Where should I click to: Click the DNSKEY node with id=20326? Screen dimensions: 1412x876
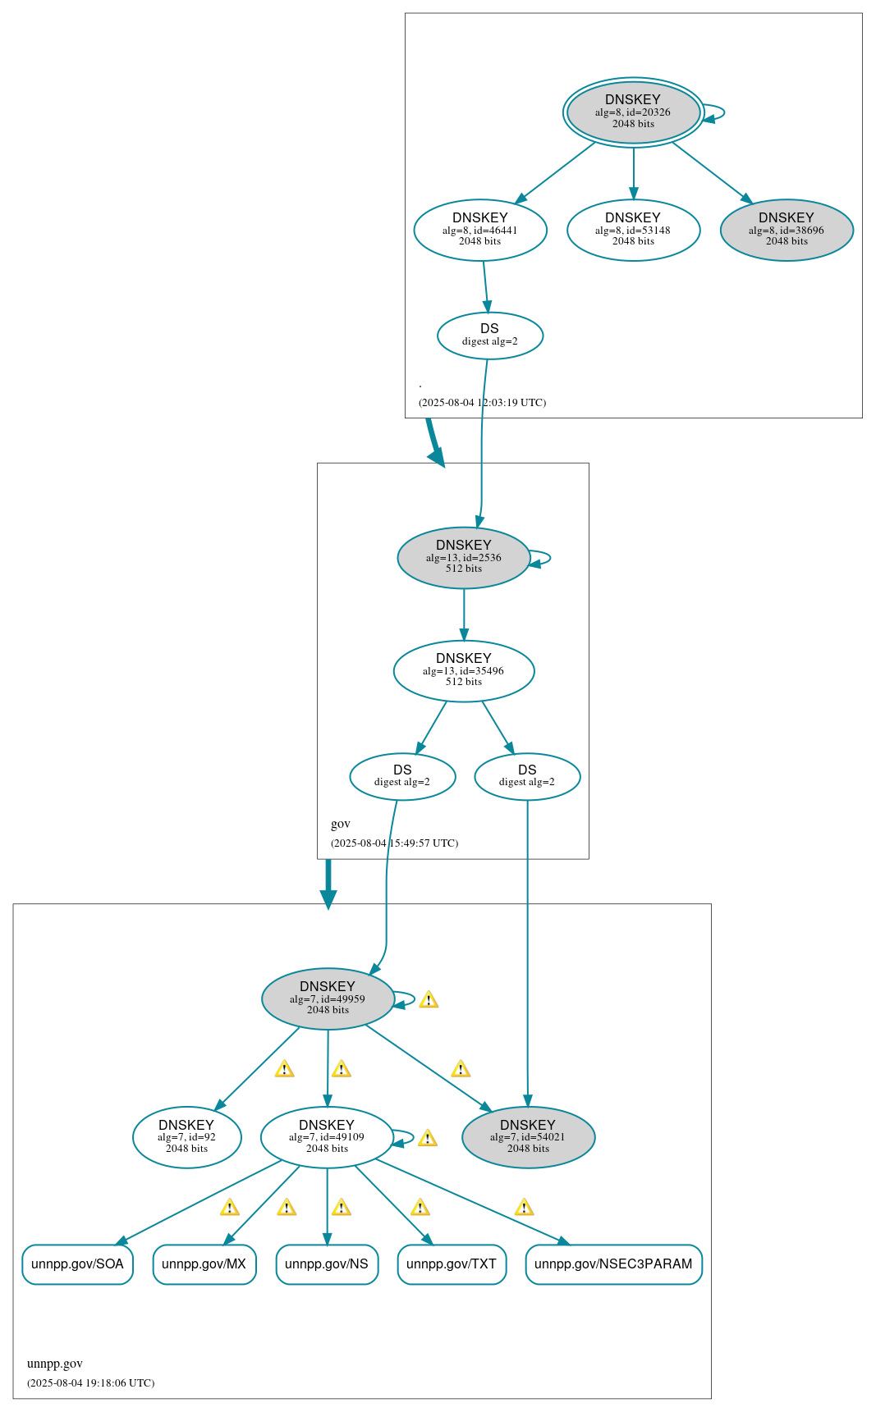[x=633, y=112]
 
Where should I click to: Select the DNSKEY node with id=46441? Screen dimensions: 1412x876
[x=480, y=230]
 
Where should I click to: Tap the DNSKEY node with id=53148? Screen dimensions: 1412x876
[x=633, y=230]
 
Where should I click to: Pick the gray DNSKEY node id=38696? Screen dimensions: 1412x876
[x=787, y=230]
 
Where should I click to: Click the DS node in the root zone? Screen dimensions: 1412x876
[x=490, y=335]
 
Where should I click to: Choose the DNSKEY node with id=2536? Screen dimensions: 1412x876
[x=464, y=557]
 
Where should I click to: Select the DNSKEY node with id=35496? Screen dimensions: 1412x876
[x=464, y=670]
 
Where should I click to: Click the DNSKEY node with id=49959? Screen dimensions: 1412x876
[x=328, y=998]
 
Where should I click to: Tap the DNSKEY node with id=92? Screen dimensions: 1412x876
[x=186, y=1137]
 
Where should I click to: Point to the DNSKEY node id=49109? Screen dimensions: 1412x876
[x=327, y=1137]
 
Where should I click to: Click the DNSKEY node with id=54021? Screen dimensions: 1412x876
[x=528, y=1137]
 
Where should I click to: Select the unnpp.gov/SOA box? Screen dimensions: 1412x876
[x=77, y=1264]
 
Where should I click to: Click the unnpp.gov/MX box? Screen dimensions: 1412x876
[x=204, y=1264]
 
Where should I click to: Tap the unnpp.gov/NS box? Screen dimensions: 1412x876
[x=327, y=1264]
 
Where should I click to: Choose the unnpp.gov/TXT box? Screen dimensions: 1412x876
[x=452, y=1264]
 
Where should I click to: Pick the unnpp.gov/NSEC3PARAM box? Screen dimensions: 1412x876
[x=613, y=1264]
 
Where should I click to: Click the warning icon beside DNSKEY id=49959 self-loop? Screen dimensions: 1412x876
[x=429, y=1000]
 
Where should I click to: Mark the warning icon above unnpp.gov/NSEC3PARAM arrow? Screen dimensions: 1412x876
[x=524, y=1208]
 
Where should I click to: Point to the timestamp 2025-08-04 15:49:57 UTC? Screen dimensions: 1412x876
[x=394, y=843]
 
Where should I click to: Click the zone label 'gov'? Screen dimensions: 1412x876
[x=341, y=824]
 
